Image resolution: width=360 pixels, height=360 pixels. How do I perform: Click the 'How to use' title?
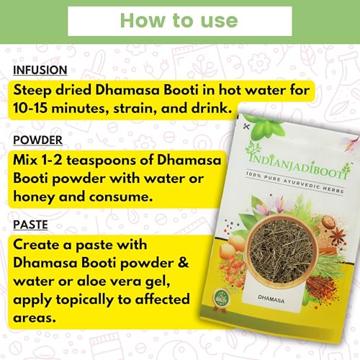coord(179,21)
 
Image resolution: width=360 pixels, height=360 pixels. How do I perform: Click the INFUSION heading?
coord(40,70)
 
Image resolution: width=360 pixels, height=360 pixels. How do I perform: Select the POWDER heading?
coord(37,140)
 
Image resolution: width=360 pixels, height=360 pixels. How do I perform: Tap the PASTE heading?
coord(30,225)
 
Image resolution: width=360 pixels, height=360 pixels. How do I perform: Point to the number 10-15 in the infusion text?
coord(30,108)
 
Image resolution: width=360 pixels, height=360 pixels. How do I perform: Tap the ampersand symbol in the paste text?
coord(184,263)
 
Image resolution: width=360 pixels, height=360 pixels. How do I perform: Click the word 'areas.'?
coord(35,318)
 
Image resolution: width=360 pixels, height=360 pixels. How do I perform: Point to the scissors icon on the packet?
coord(246,126)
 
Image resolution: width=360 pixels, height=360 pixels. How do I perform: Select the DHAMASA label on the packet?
coord(271,299)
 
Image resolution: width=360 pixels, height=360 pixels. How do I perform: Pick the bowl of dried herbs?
coord(282,251)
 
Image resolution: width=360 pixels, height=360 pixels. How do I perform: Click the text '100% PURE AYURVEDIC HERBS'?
coord(295,182)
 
